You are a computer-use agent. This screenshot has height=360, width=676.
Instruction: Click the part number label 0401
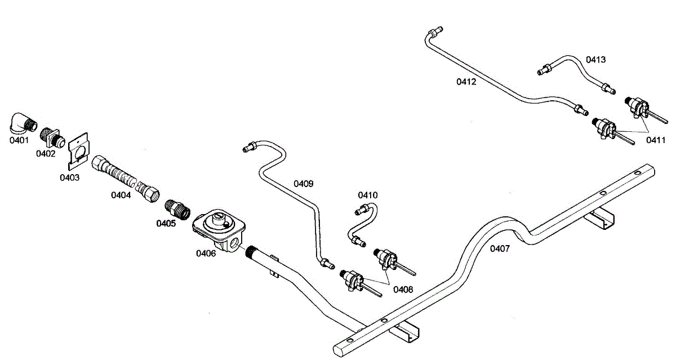click(x=19, y=140)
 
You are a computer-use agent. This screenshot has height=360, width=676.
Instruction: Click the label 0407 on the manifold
click(x=499, y=248)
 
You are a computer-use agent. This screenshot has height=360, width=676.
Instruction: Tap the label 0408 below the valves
click(x=403, y=289)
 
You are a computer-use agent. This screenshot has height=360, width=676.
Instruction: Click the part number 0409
click(x=303, y=184)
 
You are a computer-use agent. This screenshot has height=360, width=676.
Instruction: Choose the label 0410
click(x=368, y=195)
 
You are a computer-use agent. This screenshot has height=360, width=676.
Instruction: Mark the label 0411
click(x=656, y=139)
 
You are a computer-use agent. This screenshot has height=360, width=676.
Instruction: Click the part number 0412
click(x=466, y=82)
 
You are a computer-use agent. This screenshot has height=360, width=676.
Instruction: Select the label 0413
click(x=595, y=59)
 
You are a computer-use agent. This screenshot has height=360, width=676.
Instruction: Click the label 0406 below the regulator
click(x=206, y=253)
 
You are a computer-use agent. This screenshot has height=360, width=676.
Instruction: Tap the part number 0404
click(x=121, y=195)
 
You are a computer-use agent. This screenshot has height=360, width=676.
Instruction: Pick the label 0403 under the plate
click(x=70, y=177)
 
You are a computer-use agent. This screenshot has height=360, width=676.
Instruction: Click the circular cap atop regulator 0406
click(x=216, y=218)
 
